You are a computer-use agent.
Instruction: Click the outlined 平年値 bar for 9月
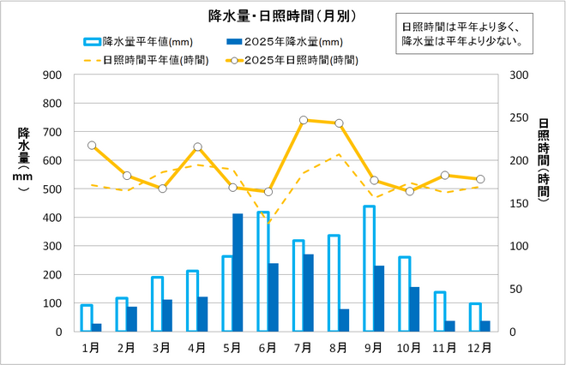[x=369, y=268]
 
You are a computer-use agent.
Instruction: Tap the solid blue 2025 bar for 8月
[x=343, y=320]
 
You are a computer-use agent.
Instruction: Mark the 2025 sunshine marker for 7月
[x=304, y=121]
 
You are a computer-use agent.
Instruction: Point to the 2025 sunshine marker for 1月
[x=92, y=146]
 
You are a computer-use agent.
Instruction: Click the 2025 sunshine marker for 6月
[x=268, y=191]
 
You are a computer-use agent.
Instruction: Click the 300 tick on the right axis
[x=517, y=75]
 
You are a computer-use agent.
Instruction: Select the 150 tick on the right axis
[x=517, y=203]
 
